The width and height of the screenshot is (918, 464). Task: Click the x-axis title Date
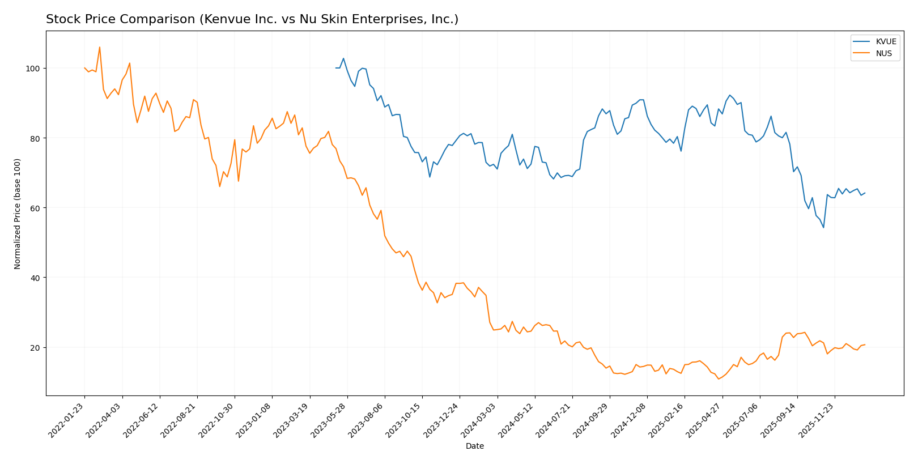pyautogui.click(x=474, y=446)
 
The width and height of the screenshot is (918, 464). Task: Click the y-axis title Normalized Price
pyautogui.click(x=18, y=214)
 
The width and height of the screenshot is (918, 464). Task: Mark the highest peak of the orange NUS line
pyautogui.click(x=100, y=47)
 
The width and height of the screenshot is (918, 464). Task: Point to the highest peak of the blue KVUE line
pyautogui.click(x=343, y=58)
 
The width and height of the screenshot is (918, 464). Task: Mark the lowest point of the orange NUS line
pyautogui.click(x=719, y=379)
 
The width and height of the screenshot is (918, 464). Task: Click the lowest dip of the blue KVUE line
pyautogui.click(x=823, y=228)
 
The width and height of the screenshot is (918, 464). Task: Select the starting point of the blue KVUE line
pyautogui.click(x=336, y=68)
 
